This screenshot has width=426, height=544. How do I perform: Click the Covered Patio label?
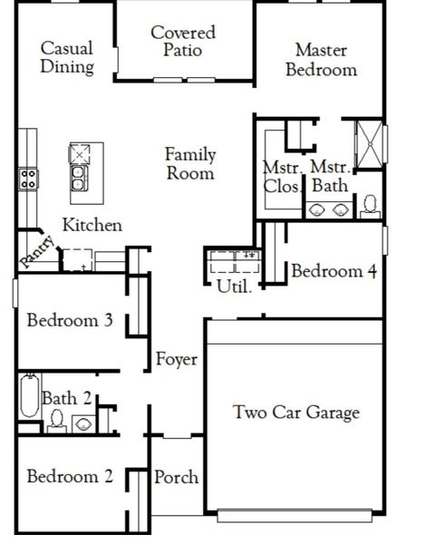click(x=182, y=41)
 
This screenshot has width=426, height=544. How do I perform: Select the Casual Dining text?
click(x=67, y=57)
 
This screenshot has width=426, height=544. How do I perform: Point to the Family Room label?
click(x=190, y=164)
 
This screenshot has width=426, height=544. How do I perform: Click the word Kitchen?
click(x=92, y=225)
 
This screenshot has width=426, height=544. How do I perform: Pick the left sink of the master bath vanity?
click(x=318, y=209)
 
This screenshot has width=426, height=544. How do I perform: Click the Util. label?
click(x=228, y=285)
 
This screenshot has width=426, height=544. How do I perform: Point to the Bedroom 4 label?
click(x=334, y=271)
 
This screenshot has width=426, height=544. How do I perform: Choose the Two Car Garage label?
click(x=296, y=413)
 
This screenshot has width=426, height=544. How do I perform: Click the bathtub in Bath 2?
click(x=29, y=400)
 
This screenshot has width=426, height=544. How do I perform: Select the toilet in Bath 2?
click(x=56, y=420)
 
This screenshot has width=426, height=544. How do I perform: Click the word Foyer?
click(x=177, y=360)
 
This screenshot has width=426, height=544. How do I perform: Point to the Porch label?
click(x=177, y=477)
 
